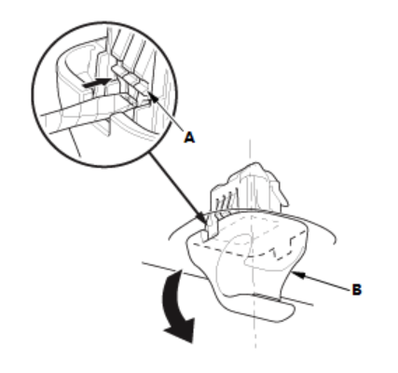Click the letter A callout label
coord(189,137)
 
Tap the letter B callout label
coord(357,290)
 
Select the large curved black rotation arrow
coord(178,306)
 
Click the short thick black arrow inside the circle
coord(96,83)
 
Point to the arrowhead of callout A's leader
coord(154,97)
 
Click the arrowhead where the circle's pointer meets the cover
coord(201,217)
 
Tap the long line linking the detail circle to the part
coord(177,187)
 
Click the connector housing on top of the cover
coord(249,188)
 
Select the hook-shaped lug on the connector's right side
coord(279,194)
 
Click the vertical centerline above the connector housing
coord(251,152)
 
